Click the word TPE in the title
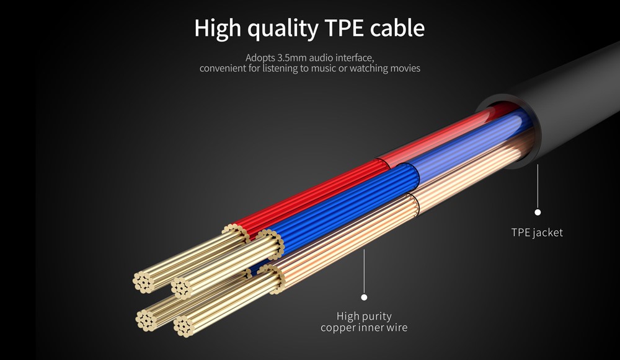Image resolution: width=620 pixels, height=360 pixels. [343, 28]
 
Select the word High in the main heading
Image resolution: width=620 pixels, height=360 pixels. [218, 29]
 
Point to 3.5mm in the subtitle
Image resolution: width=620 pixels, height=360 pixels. [292, 58]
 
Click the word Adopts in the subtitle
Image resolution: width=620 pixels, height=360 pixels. [260, 58]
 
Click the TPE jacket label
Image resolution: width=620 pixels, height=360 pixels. [537, 232]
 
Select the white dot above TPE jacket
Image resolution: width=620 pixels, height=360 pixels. [538, 212]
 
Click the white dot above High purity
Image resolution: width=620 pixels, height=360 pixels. [364, 297]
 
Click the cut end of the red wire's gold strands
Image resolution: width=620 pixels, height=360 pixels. [143, 283]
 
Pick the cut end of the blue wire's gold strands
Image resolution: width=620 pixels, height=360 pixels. [182, 288]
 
